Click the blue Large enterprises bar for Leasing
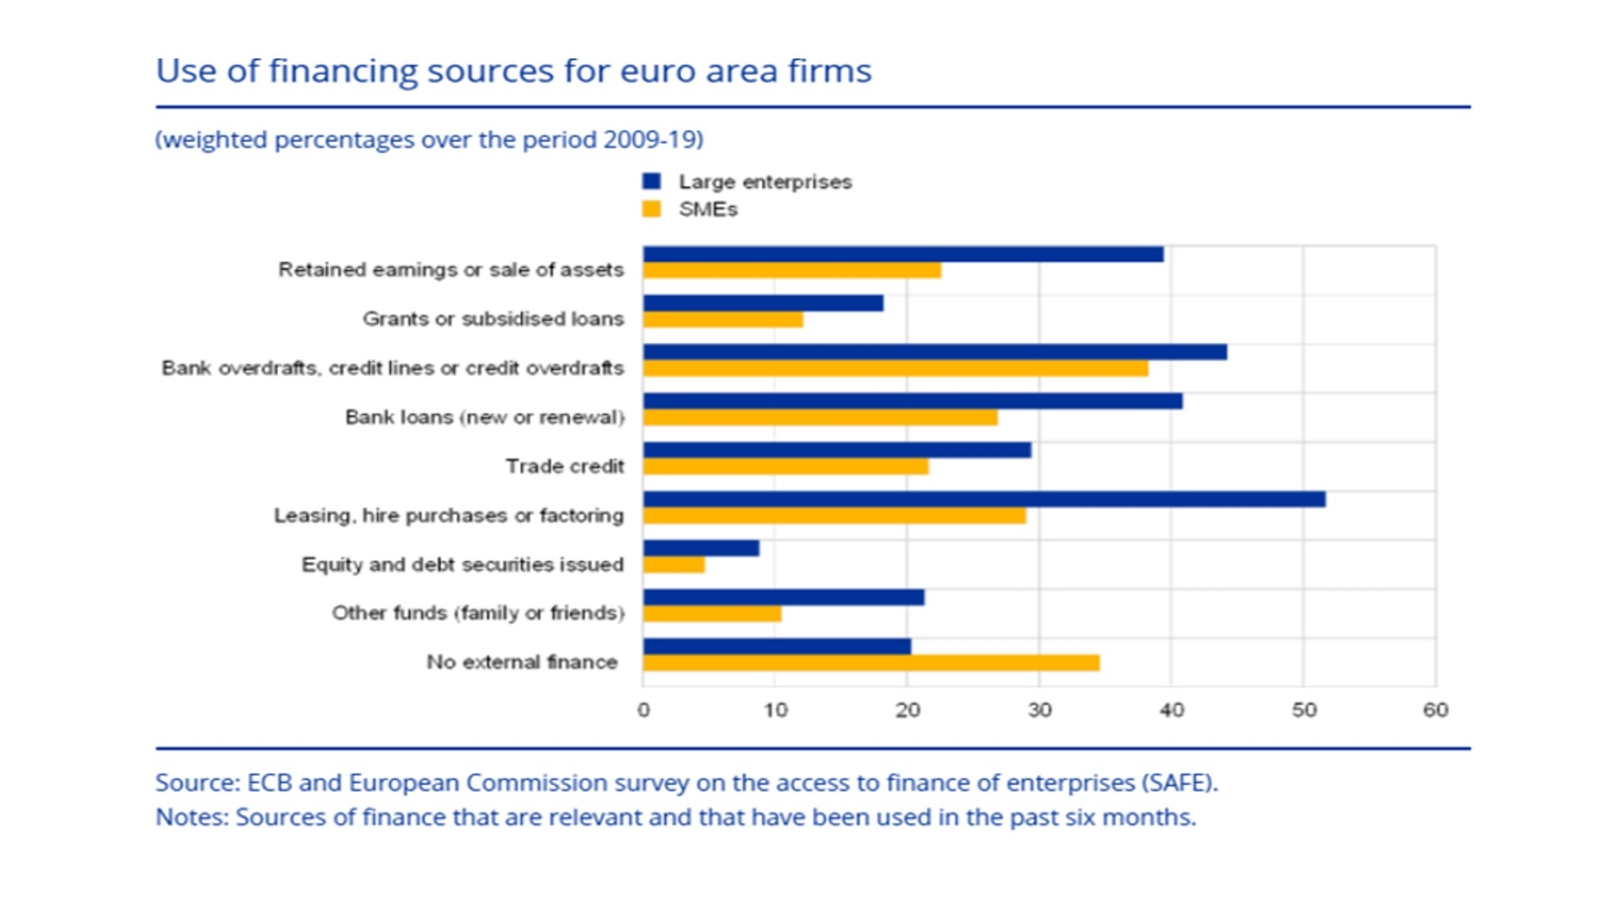984,500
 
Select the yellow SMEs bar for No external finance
871,663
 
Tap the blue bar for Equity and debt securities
701,549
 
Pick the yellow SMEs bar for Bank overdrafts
896,368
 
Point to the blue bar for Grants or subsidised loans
763,303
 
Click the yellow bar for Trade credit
785,467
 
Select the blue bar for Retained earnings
903,255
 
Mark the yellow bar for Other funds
713,614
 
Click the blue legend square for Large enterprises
652,181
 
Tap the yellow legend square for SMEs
652,209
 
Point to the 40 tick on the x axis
1171,710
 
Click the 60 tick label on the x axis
1435,710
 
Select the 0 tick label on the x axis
643,710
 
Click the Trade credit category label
565,466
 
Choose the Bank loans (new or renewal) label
485,417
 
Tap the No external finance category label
522,662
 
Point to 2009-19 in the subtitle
652,140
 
